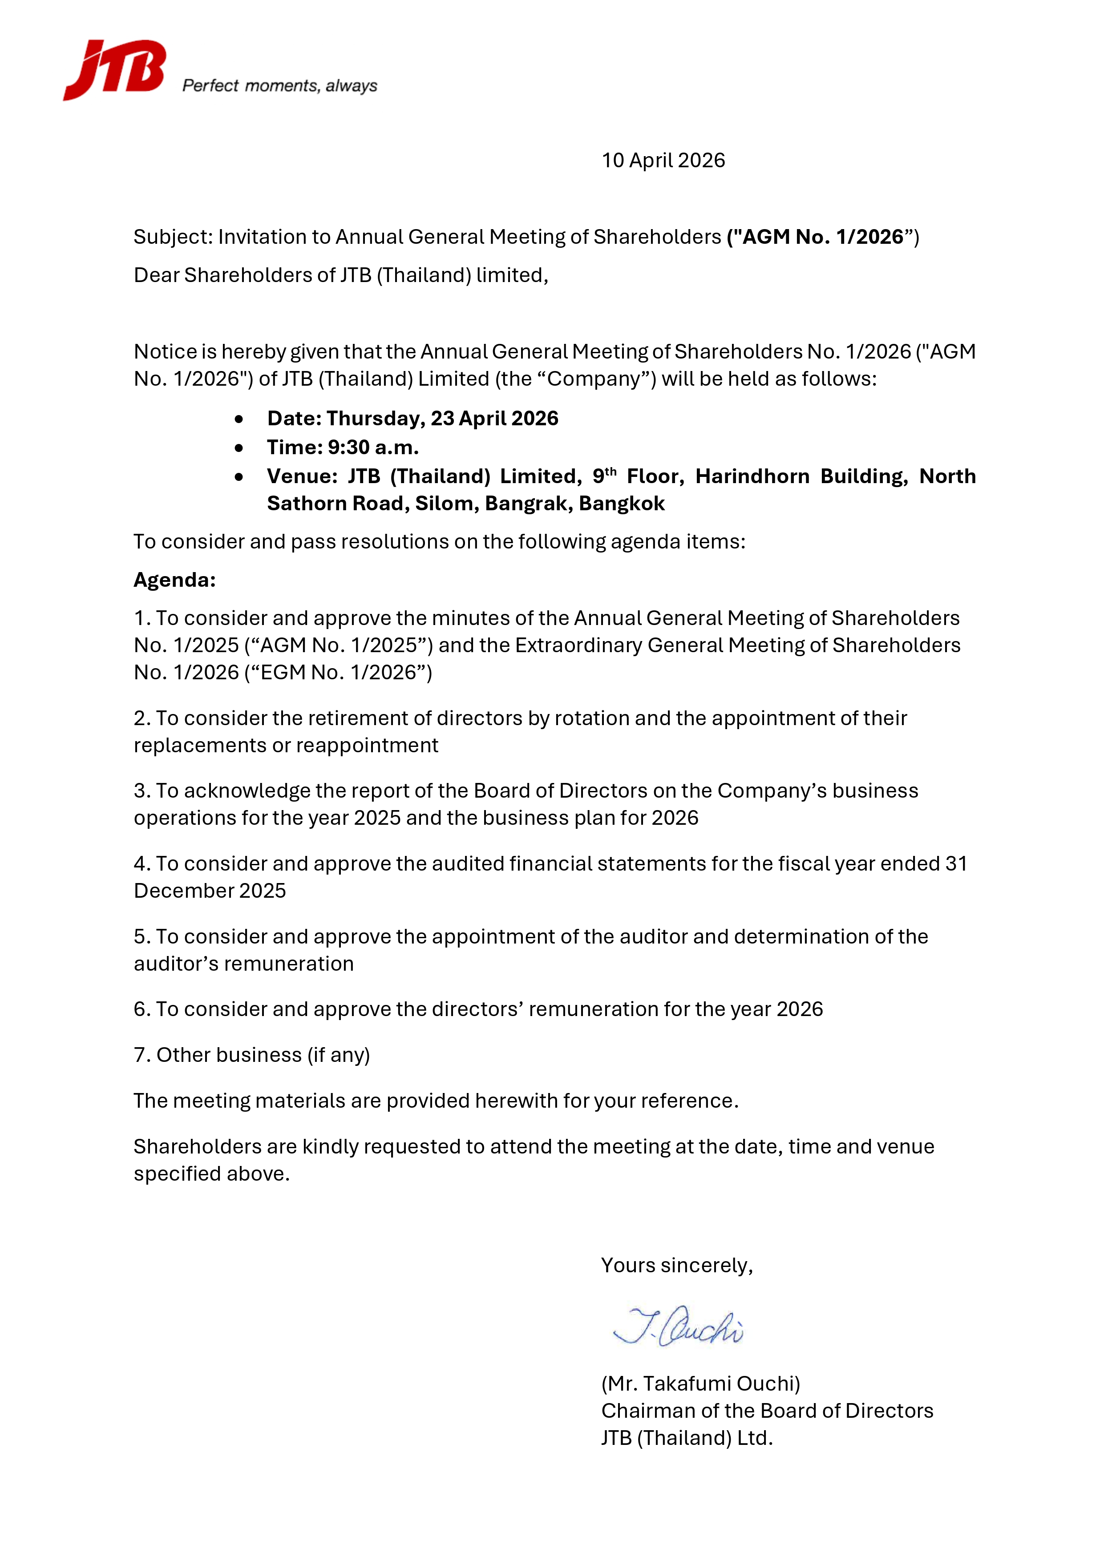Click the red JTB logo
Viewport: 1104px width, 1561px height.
point(114,69)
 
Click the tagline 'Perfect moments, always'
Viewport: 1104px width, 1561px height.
point(279,86)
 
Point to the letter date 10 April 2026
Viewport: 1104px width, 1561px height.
point(663,161)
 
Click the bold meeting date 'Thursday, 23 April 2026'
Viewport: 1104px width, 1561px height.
point(442,418)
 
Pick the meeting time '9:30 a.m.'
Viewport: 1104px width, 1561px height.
point(373,448)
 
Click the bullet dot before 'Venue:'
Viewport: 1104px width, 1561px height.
point(239,476)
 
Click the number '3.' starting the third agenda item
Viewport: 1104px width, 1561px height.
point(142,791)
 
